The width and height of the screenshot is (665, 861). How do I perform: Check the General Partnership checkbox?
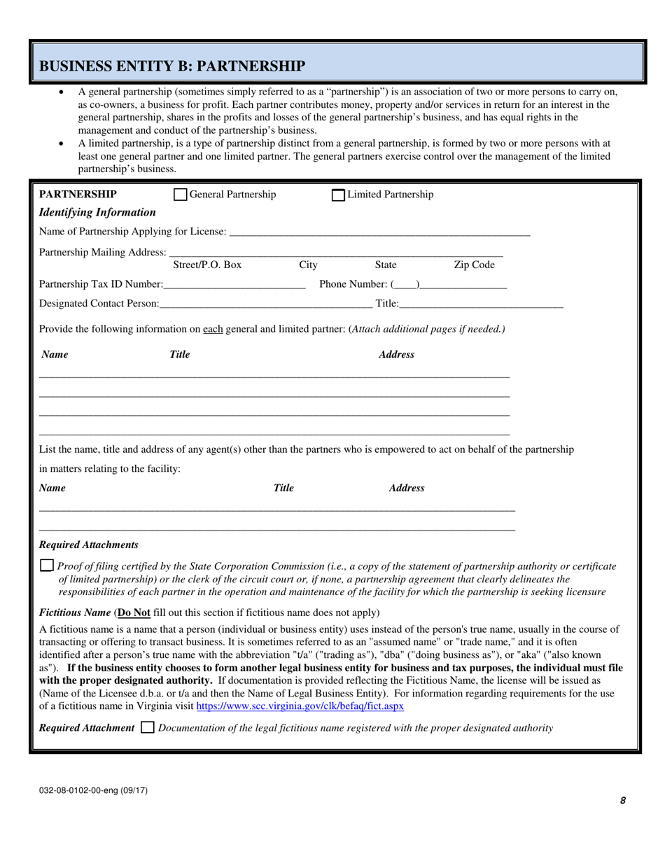click(180, 195)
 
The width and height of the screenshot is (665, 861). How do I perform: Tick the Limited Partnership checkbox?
click(338, 195)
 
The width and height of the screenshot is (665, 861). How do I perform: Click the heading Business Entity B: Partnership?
click(171, 66)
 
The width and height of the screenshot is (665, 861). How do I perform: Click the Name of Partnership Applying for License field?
click(379, 231)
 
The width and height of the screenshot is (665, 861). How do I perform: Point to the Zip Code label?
click(474, 265)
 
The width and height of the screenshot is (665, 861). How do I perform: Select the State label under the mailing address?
click(386, 265)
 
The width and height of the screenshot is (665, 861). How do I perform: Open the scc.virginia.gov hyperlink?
click(300, 706)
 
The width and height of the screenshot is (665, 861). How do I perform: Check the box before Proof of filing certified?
click(46, 566)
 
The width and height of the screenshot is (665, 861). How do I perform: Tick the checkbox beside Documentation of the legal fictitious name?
click(147, 728)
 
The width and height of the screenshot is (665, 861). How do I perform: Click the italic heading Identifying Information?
click(97, 212)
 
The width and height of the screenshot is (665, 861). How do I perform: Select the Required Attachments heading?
click(88, 545)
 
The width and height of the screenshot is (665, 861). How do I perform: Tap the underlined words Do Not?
click(134, 612)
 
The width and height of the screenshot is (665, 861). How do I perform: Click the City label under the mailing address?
click(308, 265)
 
